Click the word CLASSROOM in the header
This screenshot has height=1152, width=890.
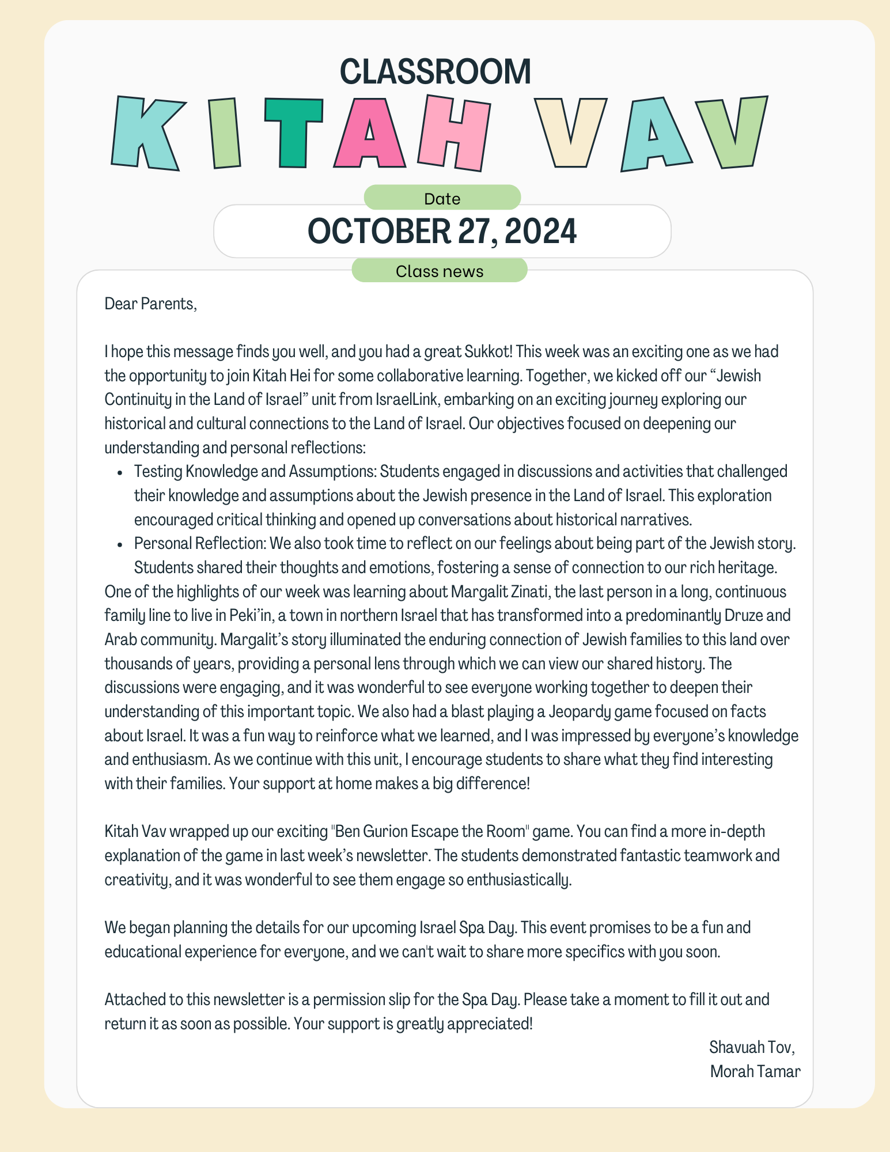[x=435, y=72]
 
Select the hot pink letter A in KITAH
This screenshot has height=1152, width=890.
[x=370, y=134]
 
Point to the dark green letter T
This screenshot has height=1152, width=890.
[x=293, y=132]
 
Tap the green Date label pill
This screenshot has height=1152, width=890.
[x=442, y=198]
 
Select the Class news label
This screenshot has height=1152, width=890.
[x=440, y=271]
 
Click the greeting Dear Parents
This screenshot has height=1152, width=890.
[x=150, y=304]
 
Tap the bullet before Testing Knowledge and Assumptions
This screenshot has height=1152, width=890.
[x=120, y=472]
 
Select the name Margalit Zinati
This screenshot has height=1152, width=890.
[x=498, y=592]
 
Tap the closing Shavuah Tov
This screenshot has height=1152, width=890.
[x=751, y=1047]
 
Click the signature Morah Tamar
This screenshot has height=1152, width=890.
[x=755, y=1071]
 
